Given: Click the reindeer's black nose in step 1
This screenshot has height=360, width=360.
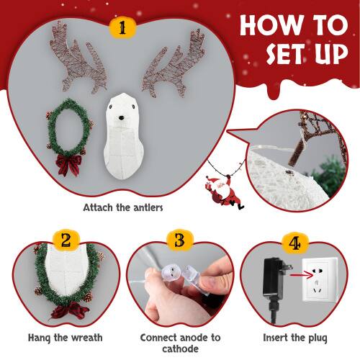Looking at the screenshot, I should pyautogui.click(x=122, y=117).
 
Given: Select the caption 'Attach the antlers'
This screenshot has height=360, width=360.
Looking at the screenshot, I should pyautogui.click(x=123, y=207).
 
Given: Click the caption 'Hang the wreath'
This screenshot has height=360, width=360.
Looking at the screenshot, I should pyautogui.click(x=66, y=337).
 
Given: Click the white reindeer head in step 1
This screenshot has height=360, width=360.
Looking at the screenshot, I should pyautogui.click(x=122, y=137).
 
